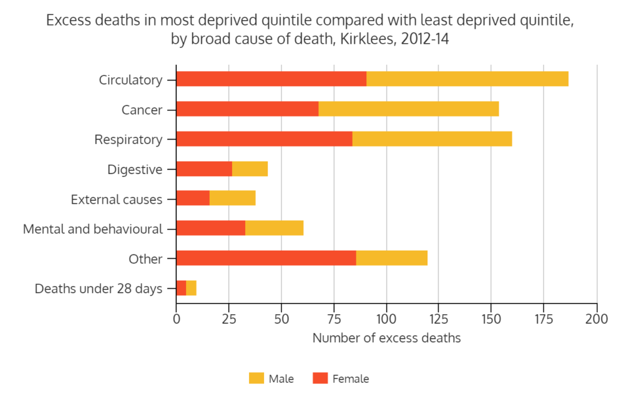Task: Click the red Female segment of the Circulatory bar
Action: click(271, 79)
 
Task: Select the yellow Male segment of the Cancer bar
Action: click(409, 109)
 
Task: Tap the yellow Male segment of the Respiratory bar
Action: click(432, 139)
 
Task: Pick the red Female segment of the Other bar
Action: click(266, 258)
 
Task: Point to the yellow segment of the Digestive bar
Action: click(250, 169)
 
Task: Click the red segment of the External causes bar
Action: click(193, 199)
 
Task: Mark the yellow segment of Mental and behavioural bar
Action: click(274, 228)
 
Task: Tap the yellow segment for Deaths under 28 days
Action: click(191, 288)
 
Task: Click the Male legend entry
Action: click(271, 378)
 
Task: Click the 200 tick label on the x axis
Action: click(597, 318)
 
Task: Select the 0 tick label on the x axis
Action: click(177, 318)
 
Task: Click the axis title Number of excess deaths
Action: click(386, 339)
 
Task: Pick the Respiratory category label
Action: click(128, 140)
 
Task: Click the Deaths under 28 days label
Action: click(99, 289)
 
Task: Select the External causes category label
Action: click(116, 199)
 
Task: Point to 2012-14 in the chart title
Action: click(426, 39)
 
